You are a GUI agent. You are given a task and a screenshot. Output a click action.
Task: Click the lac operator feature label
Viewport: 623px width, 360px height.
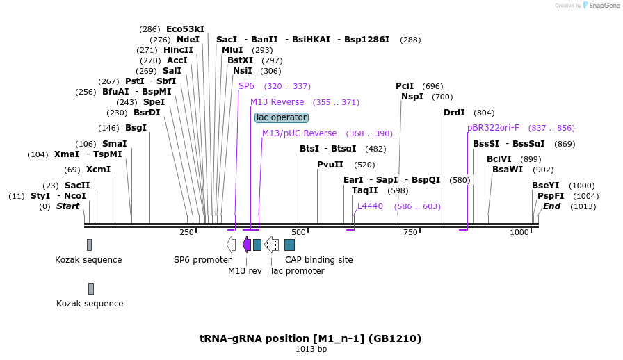point(281,117)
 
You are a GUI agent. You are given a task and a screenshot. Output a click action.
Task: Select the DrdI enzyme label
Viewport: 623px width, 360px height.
point(454,113)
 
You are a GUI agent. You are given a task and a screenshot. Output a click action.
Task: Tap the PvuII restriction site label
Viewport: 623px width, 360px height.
point(330,165)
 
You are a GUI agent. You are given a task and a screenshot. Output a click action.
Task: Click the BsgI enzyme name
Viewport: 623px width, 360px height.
point(136,128)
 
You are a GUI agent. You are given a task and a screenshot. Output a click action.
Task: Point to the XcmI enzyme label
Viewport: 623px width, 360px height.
point(98,170)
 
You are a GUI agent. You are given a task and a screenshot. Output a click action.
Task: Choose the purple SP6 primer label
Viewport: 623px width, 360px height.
point(246,86)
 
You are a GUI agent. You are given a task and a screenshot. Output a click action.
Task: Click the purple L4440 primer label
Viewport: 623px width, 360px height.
point(370,206)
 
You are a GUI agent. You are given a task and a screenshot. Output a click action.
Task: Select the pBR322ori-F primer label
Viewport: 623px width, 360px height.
point(493,128)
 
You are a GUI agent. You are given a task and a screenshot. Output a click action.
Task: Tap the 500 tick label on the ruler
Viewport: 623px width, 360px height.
point(299,233)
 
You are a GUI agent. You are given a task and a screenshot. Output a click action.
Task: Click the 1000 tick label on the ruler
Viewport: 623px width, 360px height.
point(519,233)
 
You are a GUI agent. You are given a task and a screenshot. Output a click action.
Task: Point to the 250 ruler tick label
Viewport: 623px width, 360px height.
point(186,233)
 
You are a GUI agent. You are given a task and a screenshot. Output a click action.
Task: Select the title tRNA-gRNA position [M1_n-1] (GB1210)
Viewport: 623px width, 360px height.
point(310,338)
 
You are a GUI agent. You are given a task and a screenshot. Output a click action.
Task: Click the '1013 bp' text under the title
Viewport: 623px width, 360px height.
point(311,349)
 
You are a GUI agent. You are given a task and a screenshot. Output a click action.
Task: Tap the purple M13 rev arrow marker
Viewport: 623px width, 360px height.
point(246,245)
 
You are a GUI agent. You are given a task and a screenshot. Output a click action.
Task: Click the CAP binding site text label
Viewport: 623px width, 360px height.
point(318,260)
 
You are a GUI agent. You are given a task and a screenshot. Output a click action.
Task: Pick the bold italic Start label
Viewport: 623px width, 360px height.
point(67,206)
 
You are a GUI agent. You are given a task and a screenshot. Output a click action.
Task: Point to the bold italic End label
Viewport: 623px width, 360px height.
point(551,206)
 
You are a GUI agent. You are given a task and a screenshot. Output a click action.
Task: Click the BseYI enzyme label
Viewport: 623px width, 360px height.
point(545,186)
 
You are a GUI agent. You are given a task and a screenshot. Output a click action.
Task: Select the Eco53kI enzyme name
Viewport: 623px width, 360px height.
point(185,29)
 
